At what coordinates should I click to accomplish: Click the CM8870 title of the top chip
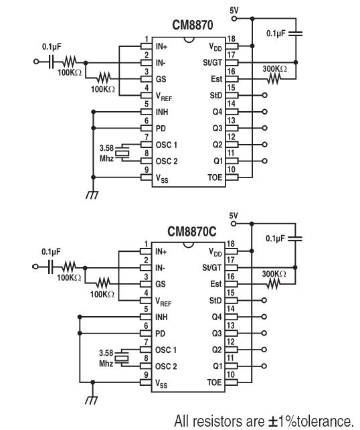coord(192,25)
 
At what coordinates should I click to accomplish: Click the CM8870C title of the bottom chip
coord(192,232)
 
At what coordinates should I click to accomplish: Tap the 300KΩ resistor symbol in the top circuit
coord(274,79)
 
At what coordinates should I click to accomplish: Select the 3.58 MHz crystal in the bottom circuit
coord(121,358)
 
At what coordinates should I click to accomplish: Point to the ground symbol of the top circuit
coord(92,195)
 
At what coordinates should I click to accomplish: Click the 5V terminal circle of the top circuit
coord(234,19)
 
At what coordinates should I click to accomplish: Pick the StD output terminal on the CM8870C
coord(264,300)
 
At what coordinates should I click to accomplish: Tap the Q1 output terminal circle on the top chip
coord(264,161)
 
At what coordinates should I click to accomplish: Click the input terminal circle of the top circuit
coord(36,62)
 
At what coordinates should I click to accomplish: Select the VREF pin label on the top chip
coord(163,97)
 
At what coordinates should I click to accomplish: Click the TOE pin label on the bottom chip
coord(214,382)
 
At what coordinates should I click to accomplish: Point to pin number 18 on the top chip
coord(232,39)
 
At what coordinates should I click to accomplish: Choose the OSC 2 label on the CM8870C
coord(166,366)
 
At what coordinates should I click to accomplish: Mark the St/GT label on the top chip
coord(212,63)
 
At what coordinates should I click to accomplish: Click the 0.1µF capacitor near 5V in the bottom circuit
coord(295,238)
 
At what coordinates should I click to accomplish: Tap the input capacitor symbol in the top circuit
coord(50,62)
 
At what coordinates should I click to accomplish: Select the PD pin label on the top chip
coord(161,129)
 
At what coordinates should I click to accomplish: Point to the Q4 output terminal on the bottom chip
coord(264,317)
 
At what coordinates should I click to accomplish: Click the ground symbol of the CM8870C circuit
coord(92,400)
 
